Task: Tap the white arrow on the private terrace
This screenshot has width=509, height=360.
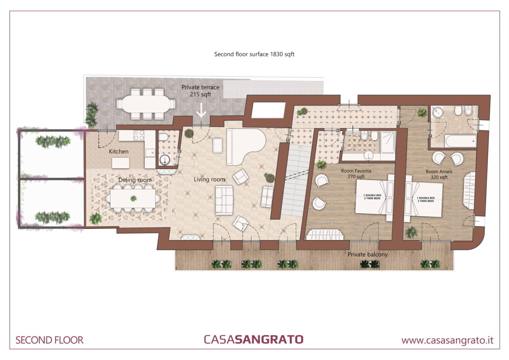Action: [x=201, y=110]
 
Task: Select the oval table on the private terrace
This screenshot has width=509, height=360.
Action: [x=146, y=104]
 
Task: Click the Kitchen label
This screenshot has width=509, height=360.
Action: [x=119, y=151]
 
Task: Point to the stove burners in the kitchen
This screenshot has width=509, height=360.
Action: [x=139, y=135]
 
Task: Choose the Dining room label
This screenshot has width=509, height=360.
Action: [x=135, y=180]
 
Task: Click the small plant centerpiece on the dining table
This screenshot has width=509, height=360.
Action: [x=134, y=199]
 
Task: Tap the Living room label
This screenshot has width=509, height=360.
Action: [x=209, y=179]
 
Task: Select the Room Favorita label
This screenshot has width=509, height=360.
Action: [x=356, y=171]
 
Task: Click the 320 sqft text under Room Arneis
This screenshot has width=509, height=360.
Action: [x=439, y=177]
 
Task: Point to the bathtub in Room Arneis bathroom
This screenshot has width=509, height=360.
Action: [x=461, y=141]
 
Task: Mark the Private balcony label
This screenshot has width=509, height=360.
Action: [x=368, y=255]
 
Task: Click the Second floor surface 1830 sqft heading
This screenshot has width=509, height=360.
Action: [x=254, y=54]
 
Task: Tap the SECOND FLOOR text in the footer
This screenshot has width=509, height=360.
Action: [x=49, y=340]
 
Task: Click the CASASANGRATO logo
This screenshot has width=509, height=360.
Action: [x=254, y=339]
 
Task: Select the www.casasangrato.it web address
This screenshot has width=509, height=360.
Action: [x=447, y=340]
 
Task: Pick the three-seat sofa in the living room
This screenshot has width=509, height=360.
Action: [x=224, y=200]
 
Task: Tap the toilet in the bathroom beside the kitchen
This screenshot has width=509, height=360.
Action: [x=163, y=137]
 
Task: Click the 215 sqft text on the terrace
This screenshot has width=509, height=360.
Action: [x=200, y=94]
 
